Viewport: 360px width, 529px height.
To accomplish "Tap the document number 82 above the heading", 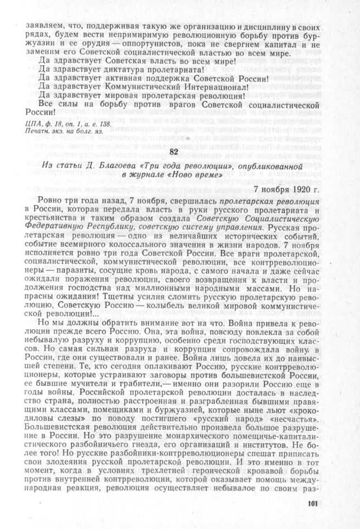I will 175,152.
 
